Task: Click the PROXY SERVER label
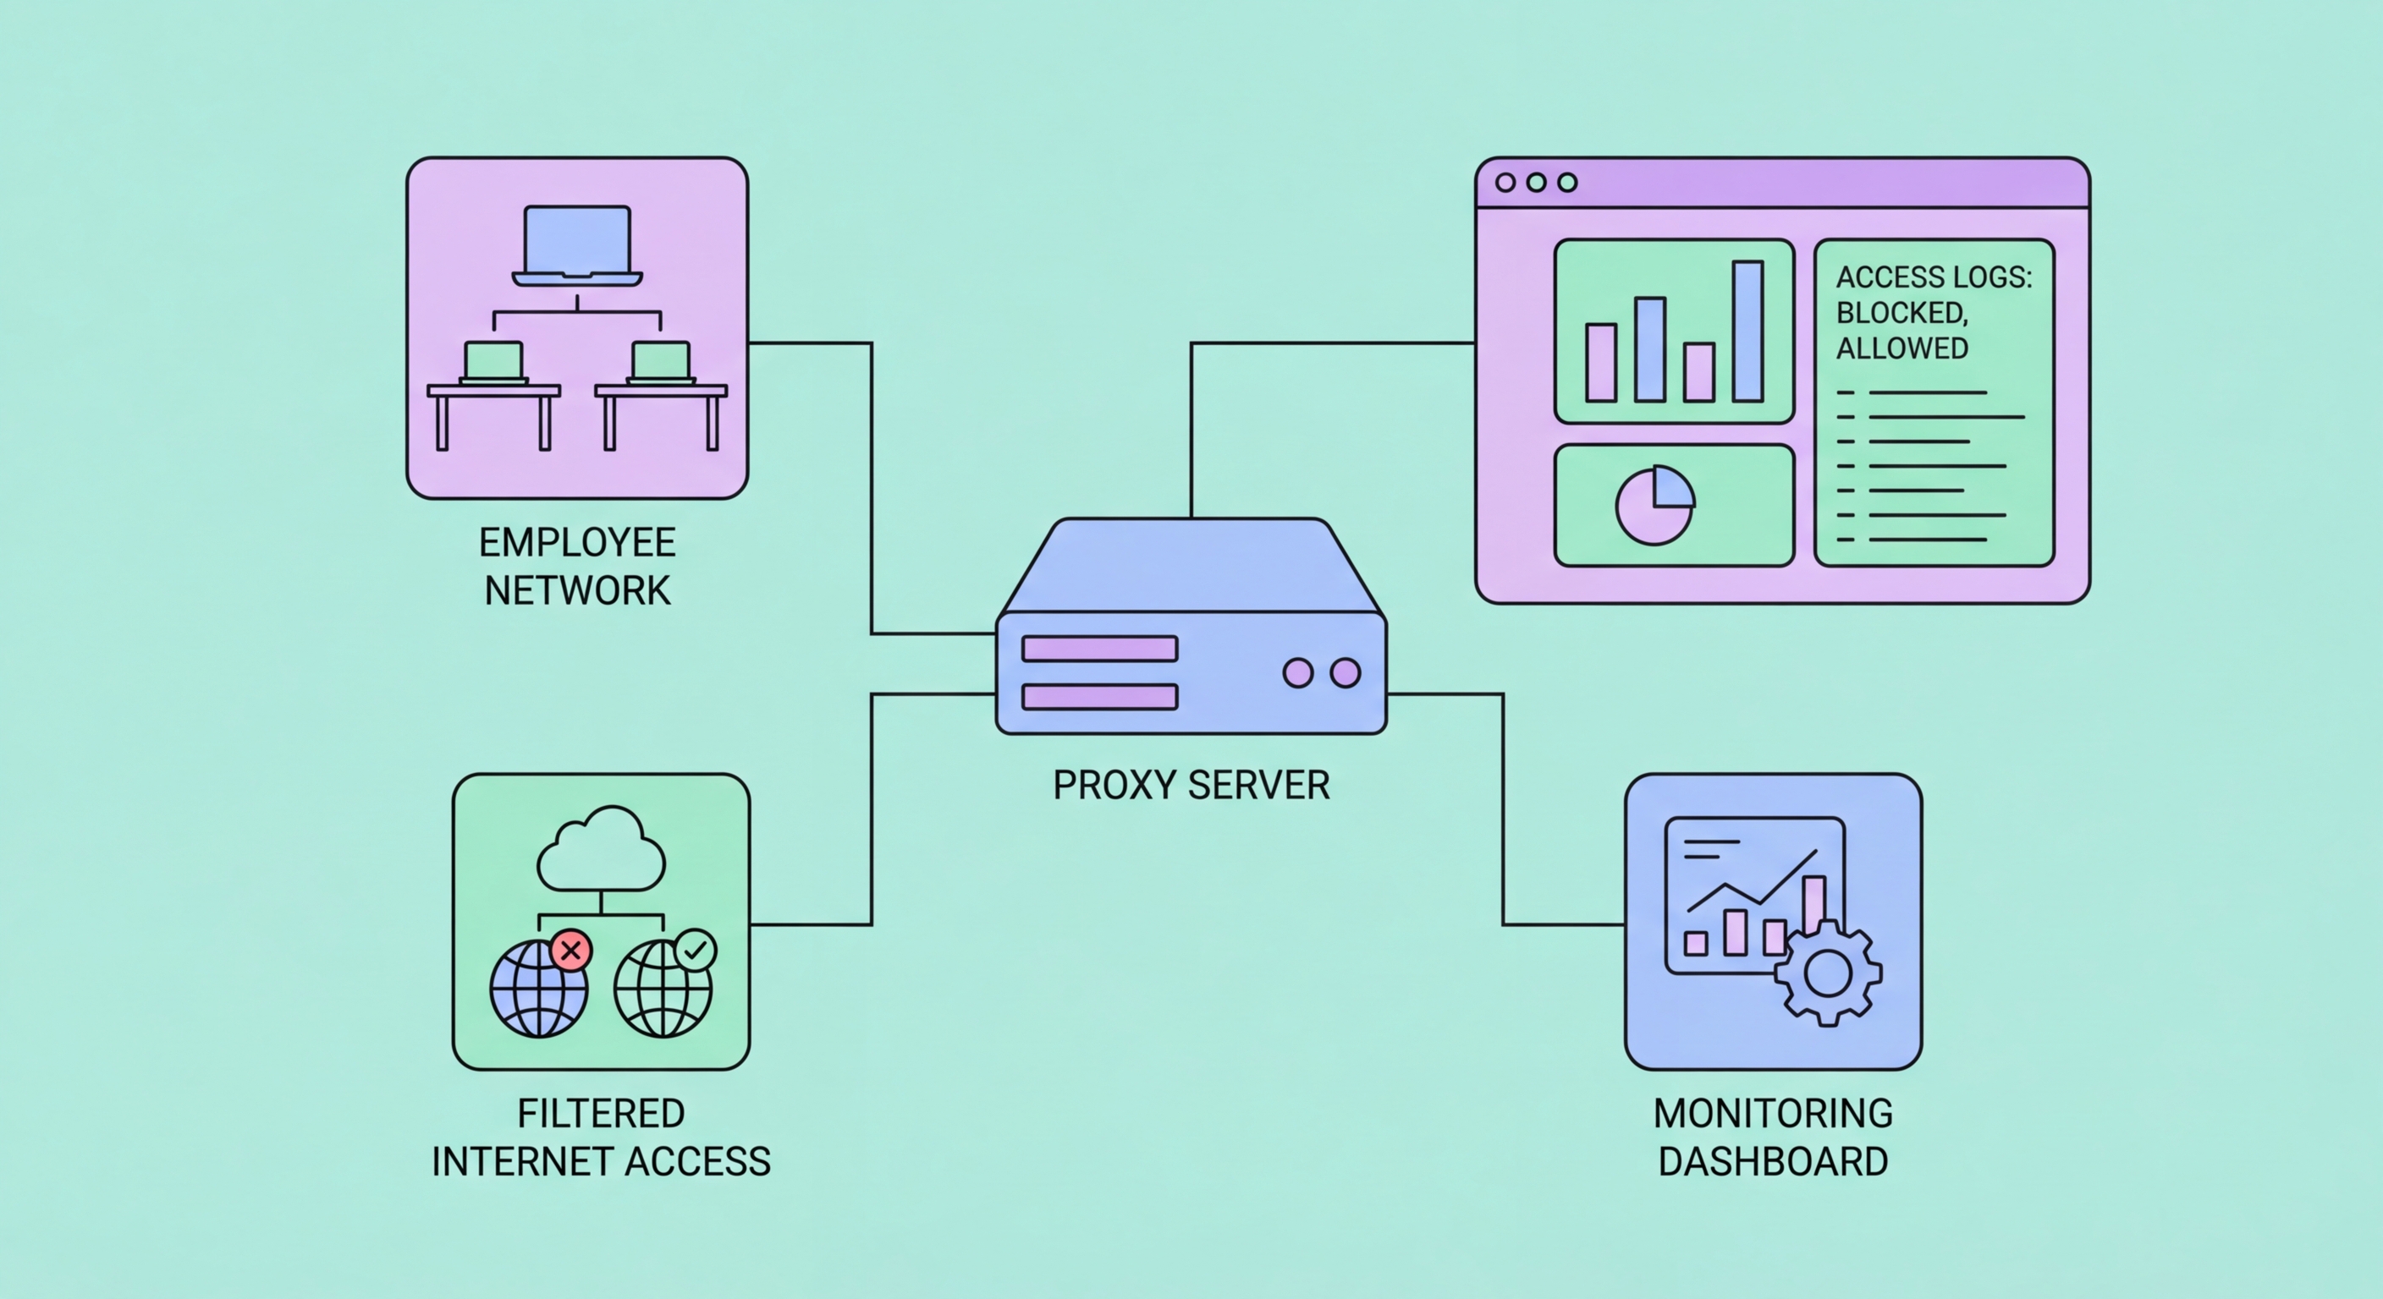pos(1191,785)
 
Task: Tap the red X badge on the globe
pos(570,950)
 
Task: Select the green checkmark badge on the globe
pos(695,950)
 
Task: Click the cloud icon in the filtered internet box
pos(602,851)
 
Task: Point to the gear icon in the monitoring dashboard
pos(1827,973)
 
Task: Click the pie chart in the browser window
pos(1655,506)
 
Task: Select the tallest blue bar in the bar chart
pos(1747,331)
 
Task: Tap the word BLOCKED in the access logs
pos(1900,313)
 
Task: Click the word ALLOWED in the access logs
pos(1901,348)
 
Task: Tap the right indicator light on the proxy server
pos(1344,673)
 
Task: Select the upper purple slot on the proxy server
pos(1099,649)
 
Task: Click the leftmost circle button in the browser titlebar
pos(1505,182)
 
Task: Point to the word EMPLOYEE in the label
pos(577,543)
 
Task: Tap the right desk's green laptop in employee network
pos(661,360)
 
